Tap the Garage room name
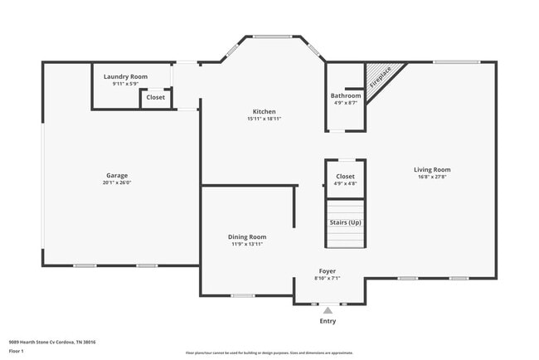pos(117,175)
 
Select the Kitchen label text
pos(265,111)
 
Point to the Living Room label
pos(432,169)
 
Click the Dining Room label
pos(247,236)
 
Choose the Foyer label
pos(328,271)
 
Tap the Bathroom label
pos(346,95)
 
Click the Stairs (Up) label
pos(346,222)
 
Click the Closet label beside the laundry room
pos(155,97)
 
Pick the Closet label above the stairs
pos(346,176)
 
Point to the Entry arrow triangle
pos(328,311)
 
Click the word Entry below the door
pos(328,321)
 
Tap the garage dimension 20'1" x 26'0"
pos(117,182)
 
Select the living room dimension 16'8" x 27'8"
pos(432,177)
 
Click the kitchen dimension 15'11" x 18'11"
pos(265,119)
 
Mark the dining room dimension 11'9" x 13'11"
pos(247,244)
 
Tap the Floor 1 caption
pos(17,351)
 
